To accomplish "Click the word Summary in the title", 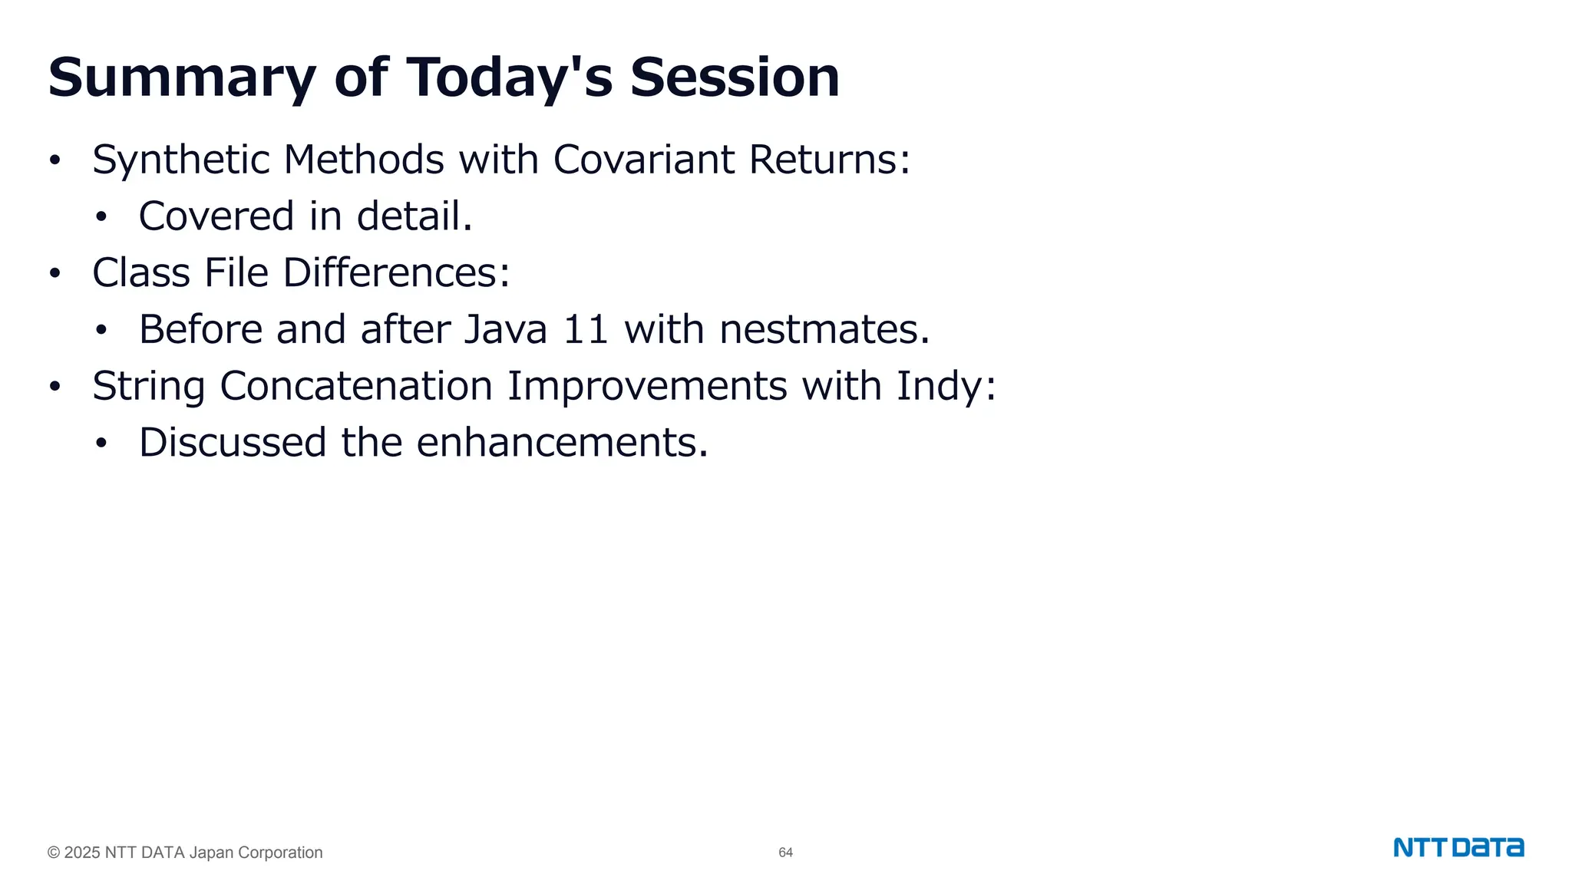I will (x=182, y=78).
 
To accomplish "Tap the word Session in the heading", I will (x=735, y=78).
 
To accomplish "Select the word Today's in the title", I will (x=509, y=78).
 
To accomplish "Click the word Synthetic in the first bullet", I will (x=180, y=160).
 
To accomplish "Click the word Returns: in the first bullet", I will (x=829, y=160).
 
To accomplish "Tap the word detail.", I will (x=414, y=216).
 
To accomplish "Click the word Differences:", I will (x=396, y=272).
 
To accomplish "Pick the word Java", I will (x=505, y=329).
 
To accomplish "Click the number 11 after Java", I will (x=586, y=329).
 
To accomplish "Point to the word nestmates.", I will (x=824, y=329).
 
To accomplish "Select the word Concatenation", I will (x=355, y=385).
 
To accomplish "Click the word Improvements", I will (x=646, y=385).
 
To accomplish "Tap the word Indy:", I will (x=946, y=385).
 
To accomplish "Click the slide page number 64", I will (x=785, y=853).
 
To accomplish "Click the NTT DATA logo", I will (x=1458, y=848).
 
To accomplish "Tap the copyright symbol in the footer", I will (x=54, y=853).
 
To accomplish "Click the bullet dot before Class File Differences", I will (x=54, y=273).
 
